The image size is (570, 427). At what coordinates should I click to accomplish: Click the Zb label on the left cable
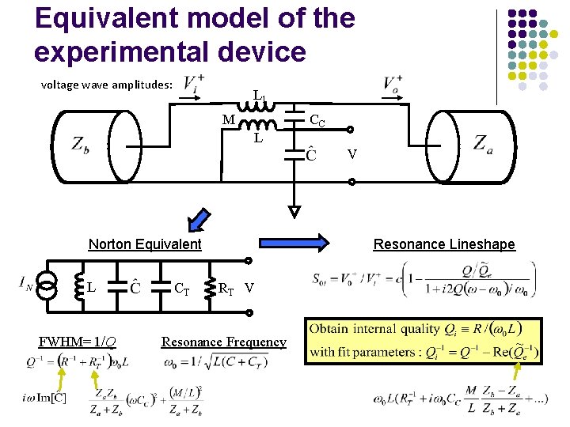[x=79, y=145]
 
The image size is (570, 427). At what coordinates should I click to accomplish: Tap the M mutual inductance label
[x=228, y=120]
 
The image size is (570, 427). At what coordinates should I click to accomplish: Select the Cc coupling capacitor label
[x=317, y=121]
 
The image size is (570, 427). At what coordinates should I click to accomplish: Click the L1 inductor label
[x=259, y=96]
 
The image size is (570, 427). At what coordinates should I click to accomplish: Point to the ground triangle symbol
[x=294, y=211]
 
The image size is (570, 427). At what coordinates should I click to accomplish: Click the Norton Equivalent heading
[x=145, y=244]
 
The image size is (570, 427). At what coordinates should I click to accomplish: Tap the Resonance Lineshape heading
[x=444, y=244]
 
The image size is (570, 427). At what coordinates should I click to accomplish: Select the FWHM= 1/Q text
[x=78, y=342]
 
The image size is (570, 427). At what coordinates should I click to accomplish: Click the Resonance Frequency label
[x=223, y=342]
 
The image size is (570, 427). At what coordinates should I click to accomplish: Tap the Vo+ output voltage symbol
[x=393, y=82]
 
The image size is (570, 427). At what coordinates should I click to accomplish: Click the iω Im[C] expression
[x=44, y=397]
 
